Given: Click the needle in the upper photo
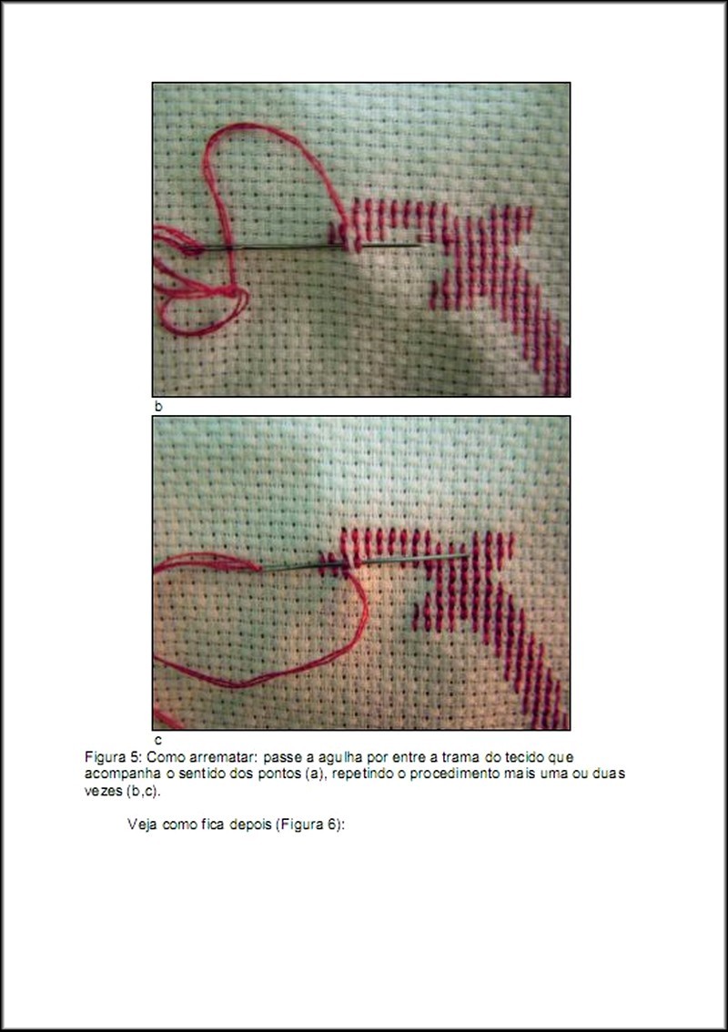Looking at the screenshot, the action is click(x=303, y=248).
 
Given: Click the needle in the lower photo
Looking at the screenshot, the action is click(x=365, y=562).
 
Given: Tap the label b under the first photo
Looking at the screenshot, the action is click(x=158, y=406).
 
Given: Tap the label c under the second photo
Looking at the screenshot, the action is click(x=158, y=740).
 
